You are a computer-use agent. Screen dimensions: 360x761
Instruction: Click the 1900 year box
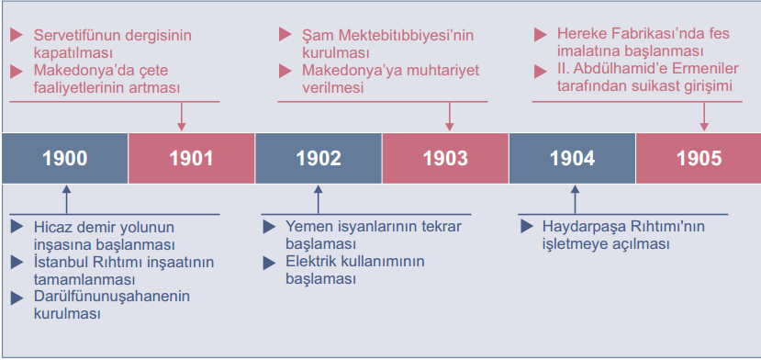coord(64,157)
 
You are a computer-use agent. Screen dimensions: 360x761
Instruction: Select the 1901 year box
coord(191,157)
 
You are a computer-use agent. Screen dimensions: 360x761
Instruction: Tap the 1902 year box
coord(318,157)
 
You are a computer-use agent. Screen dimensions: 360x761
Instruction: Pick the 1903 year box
coord(445,157)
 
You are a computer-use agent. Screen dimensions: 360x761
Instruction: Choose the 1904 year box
coord(572,157)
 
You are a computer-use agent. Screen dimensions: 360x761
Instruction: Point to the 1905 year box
coord(699,157)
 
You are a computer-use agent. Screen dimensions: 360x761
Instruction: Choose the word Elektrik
coord(310,262)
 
